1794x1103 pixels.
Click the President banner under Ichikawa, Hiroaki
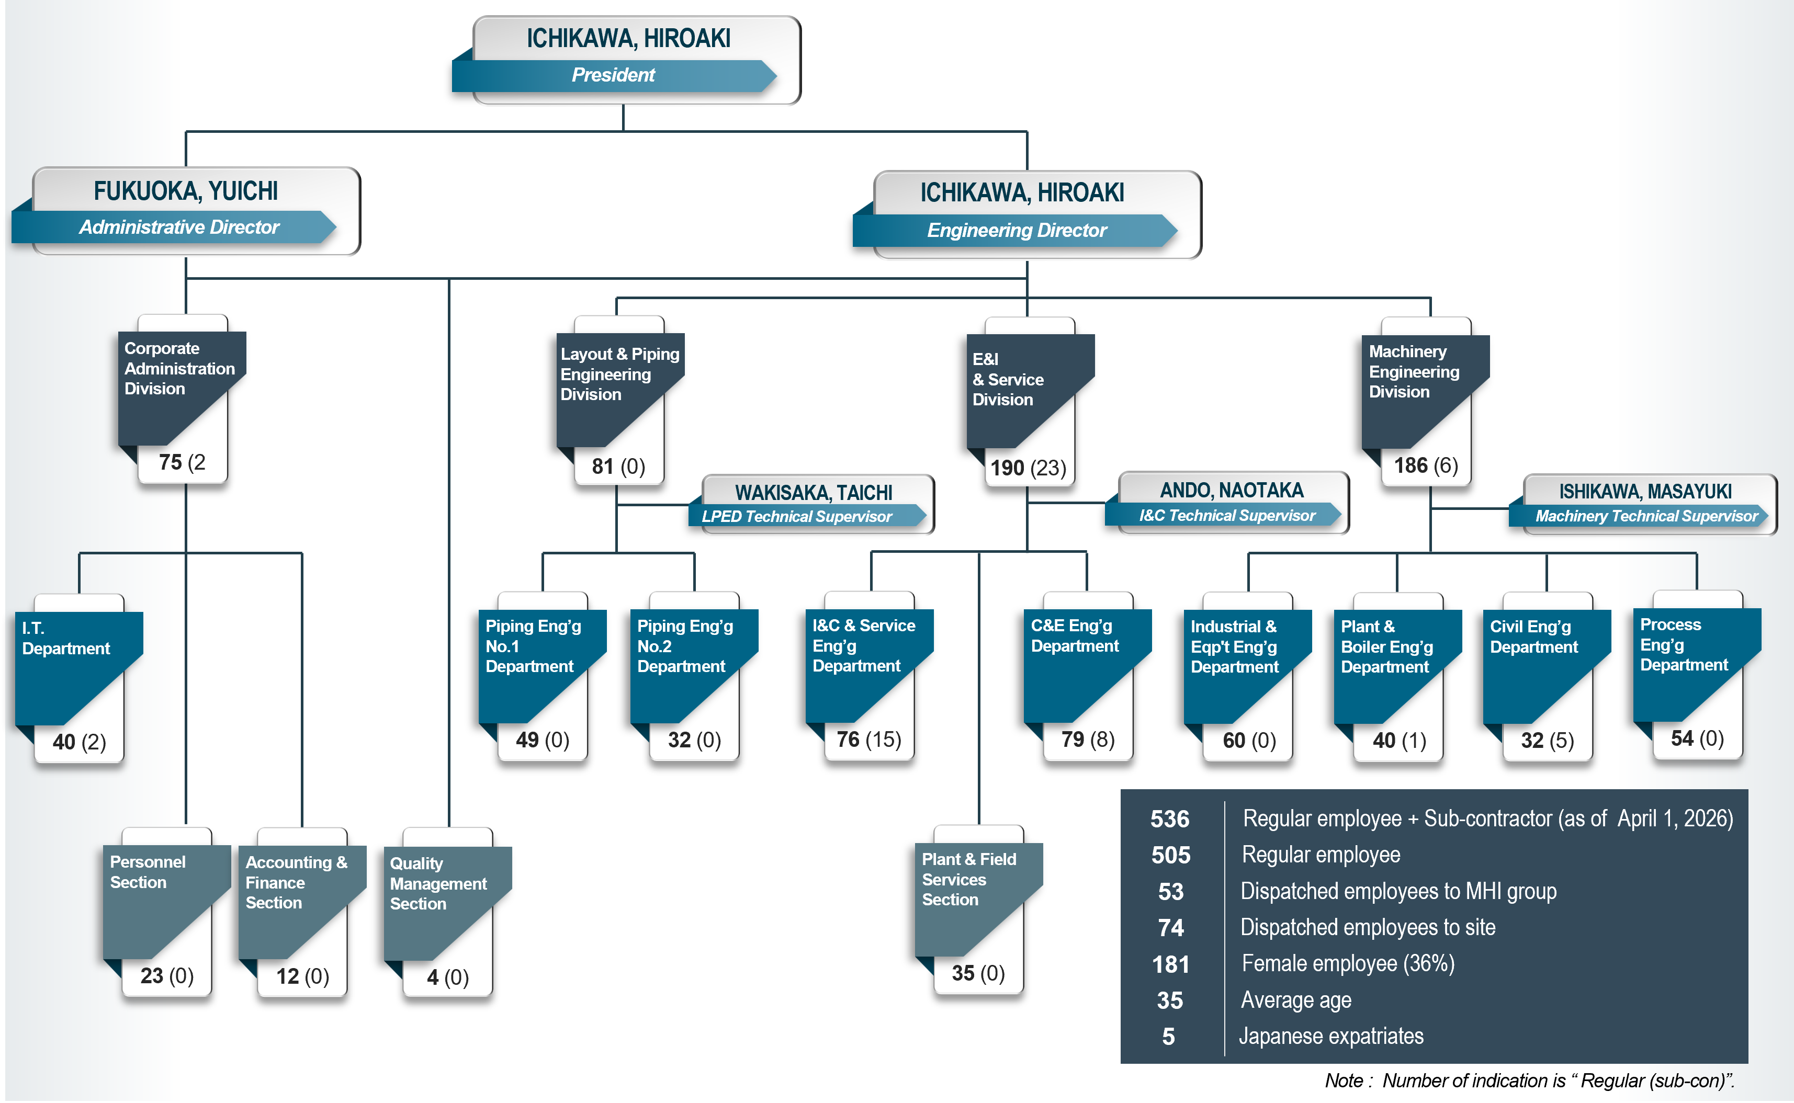click(x=613, y=75)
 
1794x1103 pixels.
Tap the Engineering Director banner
click(x=1016, y=231)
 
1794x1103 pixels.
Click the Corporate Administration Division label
click(x=179, y=368)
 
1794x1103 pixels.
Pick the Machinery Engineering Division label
click(x=1413, y=371)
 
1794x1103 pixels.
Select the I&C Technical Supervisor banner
click(x=1226, y=516)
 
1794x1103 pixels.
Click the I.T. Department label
click(x=66, y=638)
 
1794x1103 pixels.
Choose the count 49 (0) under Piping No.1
click(x=542, y=740)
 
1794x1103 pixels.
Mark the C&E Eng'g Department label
click(x=1074, y=636)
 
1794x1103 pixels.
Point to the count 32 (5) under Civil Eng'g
click(x=1547, y=741)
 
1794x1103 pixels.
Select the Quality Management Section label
click(x=438, y=883)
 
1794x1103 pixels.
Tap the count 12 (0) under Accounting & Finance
click(x=302, y=976)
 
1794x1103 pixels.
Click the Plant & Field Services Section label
click(x=968, y=879)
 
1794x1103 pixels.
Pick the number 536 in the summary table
click(x=1169, y=819)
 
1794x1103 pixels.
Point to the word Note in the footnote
click(x=1343, y=1081)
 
